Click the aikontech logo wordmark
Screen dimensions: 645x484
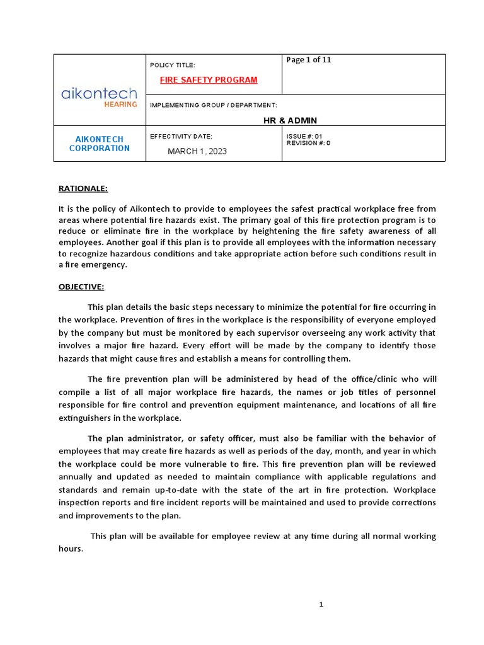[99, 94]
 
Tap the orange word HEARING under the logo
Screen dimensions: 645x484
[120, 105]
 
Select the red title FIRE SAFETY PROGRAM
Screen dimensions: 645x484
[209, 80]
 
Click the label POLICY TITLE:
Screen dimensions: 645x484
[173, 65]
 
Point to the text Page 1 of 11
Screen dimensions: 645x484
[309, 60]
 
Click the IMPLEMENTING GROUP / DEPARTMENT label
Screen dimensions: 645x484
[213, 105]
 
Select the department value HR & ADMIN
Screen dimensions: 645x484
[290, 120]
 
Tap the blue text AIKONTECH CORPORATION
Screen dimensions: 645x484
[100, 144]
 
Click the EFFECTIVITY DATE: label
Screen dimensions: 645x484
[181, 136]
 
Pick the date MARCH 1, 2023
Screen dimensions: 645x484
[197, 151]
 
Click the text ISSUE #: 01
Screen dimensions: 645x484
[304, 136]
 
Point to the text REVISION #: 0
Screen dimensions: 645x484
[308, 143]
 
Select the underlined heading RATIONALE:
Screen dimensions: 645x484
[83, 188]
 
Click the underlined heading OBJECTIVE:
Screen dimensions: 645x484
[81, 287]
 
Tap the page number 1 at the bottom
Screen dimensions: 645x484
[321, 605]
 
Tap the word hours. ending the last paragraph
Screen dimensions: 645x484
[71, 549]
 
